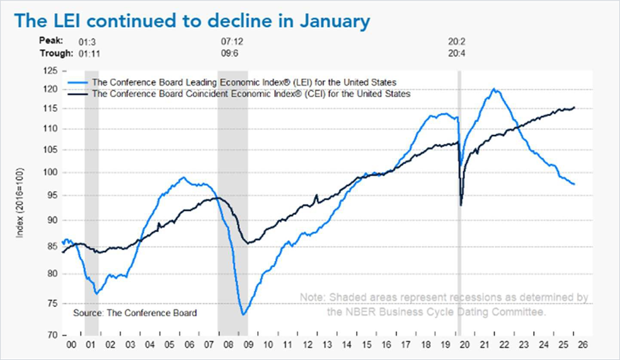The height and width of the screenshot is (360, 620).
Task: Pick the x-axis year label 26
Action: [583, 346]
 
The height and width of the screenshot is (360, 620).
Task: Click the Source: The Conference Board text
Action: [135, 313]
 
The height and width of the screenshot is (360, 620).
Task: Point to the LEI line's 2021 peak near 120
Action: [494, 89]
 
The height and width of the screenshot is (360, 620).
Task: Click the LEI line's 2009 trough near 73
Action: [243, 314]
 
